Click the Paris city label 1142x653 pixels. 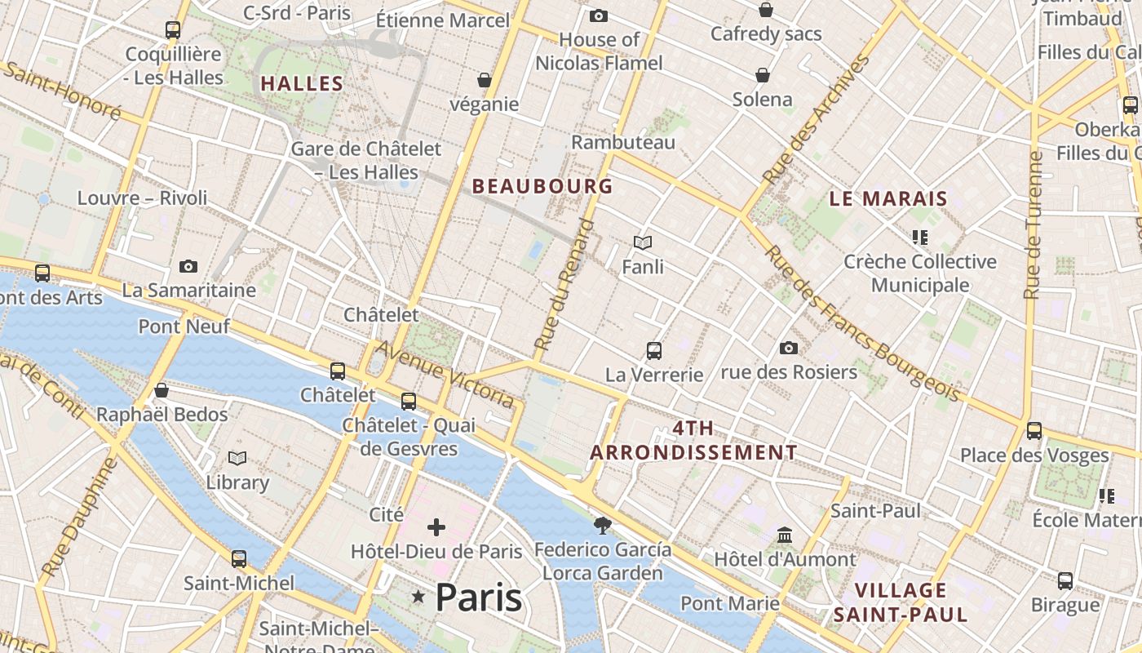click(479, 598)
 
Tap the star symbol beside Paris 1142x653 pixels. click(418, 597)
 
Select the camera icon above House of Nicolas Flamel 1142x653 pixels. click(599, 16)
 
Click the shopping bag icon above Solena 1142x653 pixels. click(763, 75)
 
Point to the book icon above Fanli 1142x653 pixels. click(643, 242)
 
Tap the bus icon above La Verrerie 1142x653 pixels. click(653, 351)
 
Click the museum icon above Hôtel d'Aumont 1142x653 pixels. click(785, 535)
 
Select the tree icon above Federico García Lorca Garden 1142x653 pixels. click(603, 525)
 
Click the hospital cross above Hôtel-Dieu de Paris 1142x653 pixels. click(436, 527)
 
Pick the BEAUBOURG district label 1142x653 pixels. click(542, 186)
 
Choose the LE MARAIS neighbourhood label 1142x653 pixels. click(888, 198)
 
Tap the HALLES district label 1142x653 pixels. click(302, 83)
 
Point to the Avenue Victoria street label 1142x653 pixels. click(445, 375)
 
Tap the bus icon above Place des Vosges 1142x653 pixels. click(1034, 431)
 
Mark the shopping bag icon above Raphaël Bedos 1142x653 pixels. click(162, 390)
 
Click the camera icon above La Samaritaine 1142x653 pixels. click(188, 266)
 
